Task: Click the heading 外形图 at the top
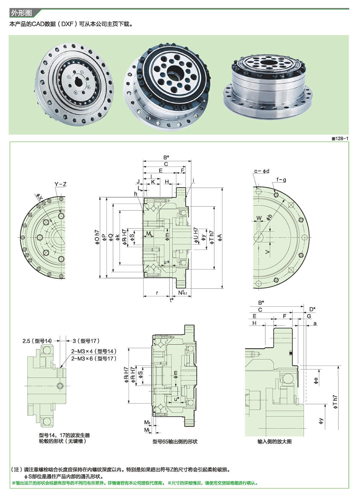click(x=21, y=13)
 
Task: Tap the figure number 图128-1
click(x=339, y=138)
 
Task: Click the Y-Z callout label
click(x=60, y=184)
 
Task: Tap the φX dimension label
click(x=39, y=197)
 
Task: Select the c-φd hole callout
click(x=262, y=171)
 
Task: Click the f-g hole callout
click(x=281, y=180)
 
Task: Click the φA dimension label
click(x=220, y=238)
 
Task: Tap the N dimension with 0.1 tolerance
click(x=183, y=292)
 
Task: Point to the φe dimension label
click(x=316, y=381)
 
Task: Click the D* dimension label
click(x=312, y=309)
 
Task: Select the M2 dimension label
click(x=147, y=422)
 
